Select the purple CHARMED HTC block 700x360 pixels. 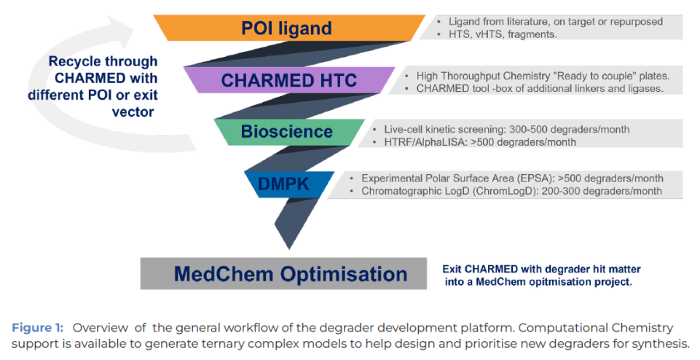(x=288, y=79)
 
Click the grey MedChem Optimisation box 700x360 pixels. (x=289, y=274)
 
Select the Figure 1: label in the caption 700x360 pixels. (x=38, y=327)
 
